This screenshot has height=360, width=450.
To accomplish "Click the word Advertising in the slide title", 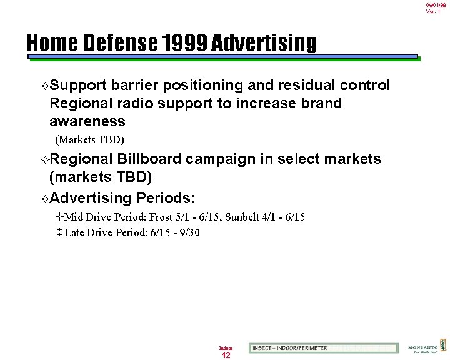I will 264,43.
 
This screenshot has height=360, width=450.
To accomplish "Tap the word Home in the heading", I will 52,43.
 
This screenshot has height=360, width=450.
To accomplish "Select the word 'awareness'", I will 87,121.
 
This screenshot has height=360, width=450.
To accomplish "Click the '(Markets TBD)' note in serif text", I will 90,139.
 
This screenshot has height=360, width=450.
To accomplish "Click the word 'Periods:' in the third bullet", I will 166,199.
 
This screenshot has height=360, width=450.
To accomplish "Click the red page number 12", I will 226,355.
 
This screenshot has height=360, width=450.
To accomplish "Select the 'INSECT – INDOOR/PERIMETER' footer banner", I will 323,348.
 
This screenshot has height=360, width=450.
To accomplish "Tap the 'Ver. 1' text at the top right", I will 433,11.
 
